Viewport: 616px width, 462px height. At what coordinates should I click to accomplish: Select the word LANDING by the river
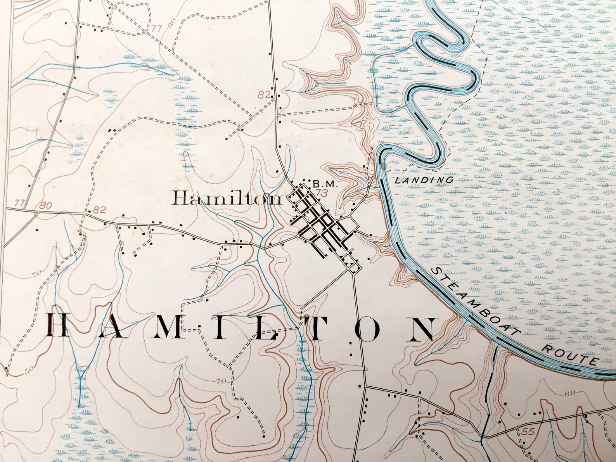(x=424, y=180)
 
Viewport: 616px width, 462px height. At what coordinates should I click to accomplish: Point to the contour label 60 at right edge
(x=570, y=393)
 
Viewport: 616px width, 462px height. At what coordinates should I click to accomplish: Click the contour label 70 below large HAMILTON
(x=221, y=381)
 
